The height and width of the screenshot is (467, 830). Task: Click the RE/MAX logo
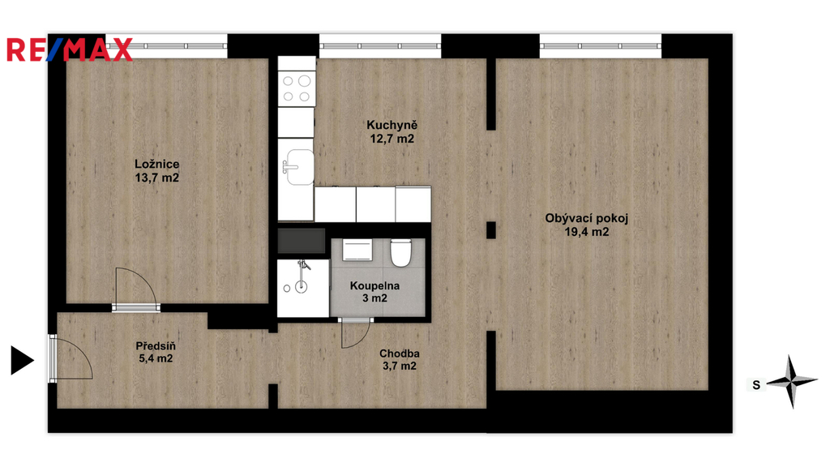click(70, 49)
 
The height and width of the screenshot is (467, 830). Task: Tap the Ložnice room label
click(156, 164)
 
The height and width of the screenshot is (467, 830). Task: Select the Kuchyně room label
click(392, 126)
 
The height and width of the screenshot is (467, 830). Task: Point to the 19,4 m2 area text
click(587, 232)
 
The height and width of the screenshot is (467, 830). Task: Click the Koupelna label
click(374, 286)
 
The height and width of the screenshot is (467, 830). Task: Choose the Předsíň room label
click(156, 345)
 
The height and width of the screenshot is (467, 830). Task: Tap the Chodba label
click(400, 353)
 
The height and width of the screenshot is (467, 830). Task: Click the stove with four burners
click(297, 88)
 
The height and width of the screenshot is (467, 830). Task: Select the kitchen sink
click(299, 167)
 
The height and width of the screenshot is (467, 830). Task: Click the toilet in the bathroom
click(400, 253)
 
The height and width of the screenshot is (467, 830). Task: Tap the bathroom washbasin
click(357, 250)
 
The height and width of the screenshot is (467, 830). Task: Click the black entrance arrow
click(22, 361)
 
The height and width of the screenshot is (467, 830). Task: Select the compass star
click(792, 381)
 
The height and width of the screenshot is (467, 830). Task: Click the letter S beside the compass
click(756, 385)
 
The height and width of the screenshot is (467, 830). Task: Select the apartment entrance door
click(53, 358)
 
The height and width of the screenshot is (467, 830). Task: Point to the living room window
click(601, 46)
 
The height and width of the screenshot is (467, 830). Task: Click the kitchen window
click(380, 46)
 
